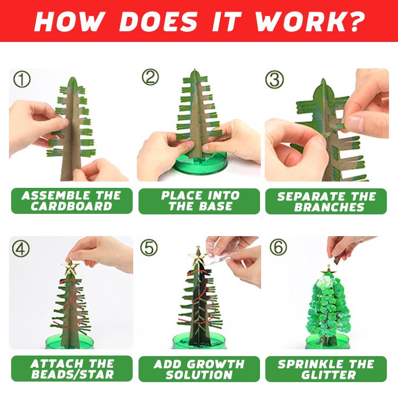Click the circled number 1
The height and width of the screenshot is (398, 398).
click(22, 80)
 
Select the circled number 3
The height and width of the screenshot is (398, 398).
click(274, 80)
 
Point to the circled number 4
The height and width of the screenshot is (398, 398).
click(21, 248)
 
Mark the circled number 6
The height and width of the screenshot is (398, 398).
click(276, 248)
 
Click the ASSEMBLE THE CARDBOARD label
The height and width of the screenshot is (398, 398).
click(72, 201)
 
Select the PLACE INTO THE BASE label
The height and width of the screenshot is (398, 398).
click(199, 201)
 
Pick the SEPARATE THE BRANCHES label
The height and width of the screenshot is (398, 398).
click(326, 201)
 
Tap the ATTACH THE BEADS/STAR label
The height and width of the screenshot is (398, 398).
click(72, 369)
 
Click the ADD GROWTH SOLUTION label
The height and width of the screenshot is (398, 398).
click(199, 369)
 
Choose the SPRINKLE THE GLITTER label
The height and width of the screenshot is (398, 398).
click(326, 369)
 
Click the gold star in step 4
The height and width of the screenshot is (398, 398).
click(72, 267)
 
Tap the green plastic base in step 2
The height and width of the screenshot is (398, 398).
click(199, 170)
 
